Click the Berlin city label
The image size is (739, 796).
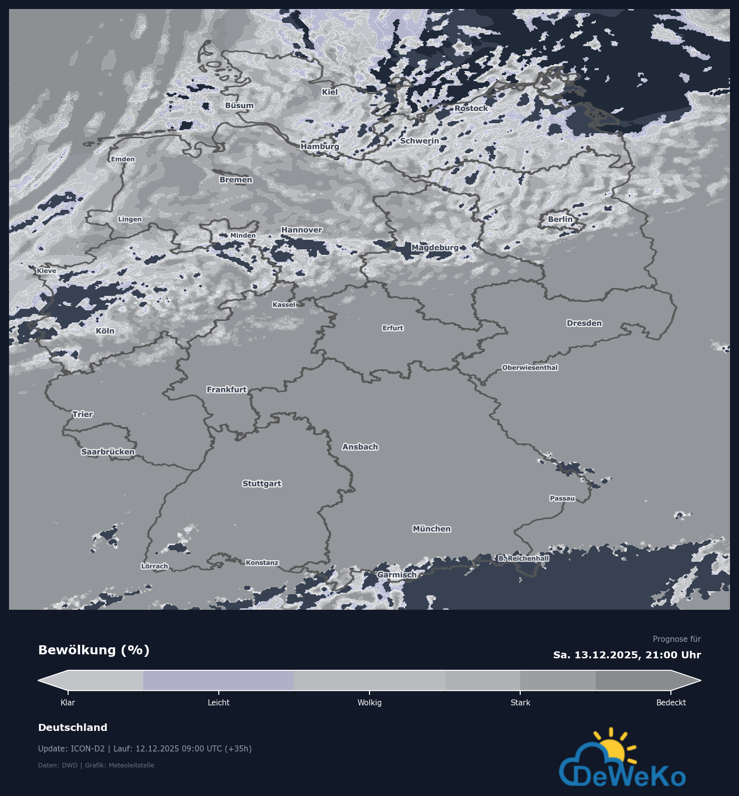(x=560, y=219)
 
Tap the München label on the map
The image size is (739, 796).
(x=432, y=529)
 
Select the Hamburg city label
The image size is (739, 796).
(x=320, y=146)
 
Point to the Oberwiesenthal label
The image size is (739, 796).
(x=530, y=367)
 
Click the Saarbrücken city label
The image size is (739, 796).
(x=108, y=452)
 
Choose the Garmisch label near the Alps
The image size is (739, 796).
(x=397, y=575)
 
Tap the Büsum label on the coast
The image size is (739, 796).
(x=239, y=106)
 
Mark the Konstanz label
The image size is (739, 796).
(x=262, y=563)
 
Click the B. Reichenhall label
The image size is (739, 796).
(x=523, y=558)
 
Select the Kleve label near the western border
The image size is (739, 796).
(x=47, y=271)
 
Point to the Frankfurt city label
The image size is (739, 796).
(x=227, y=389)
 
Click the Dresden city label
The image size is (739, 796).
(x=584, y=323)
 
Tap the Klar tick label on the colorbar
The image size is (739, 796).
(x=68, y=703)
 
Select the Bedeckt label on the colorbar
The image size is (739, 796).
(x=671, y=703)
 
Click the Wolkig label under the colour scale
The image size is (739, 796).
(x=369, y=703)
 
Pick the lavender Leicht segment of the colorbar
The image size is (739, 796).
(x=218, y=680)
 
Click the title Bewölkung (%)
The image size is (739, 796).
(x=94, y=650)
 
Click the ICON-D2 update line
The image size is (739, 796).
(x=145, y=749)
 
